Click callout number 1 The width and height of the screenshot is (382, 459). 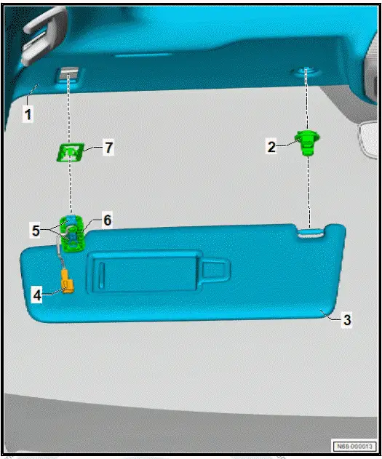(27, 115)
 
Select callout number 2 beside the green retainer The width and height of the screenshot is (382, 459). (271, 146)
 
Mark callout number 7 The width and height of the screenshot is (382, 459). (108, 148)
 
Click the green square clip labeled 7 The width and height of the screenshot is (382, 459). (71, 152)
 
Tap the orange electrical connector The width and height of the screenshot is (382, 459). (69, 281)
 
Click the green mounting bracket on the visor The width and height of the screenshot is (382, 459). (73, 234)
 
